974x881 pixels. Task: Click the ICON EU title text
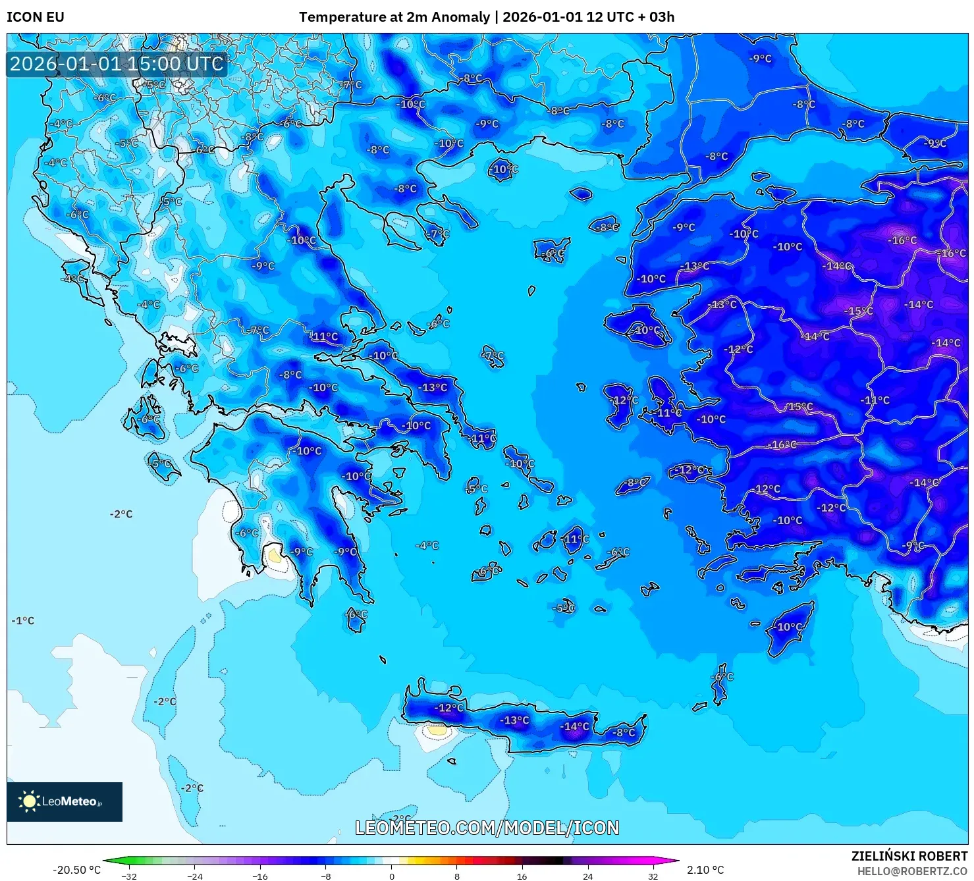pos(36,17)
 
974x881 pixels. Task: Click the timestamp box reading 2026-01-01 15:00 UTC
pos(117,64)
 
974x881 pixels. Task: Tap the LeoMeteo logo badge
pos(65,801)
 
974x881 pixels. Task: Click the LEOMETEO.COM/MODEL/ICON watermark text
pos(487,828)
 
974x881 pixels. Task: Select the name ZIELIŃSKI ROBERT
pos(909,856)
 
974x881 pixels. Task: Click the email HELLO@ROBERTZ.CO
pos(911,870)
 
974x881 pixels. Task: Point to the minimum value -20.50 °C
pos(76,870)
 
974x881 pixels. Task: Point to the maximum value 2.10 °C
pos(705,870)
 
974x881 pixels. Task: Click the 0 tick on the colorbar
pos(391,876)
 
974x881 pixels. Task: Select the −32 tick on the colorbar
pos(129,876)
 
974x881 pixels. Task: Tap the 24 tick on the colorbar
pos(587,876)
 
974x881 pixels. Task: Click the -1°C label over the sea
pos(23,620)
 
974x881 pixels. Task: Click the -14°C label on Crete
pos(574,726)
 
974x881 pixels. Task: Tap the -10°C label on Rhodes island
pos(789,627)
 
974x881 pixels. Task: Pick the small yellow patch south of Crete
pos(436,730)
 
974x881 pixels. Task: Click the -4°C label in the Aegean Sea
pos(427,545)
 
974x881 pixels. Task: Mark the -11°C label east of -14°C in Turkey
pos(875,400)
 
